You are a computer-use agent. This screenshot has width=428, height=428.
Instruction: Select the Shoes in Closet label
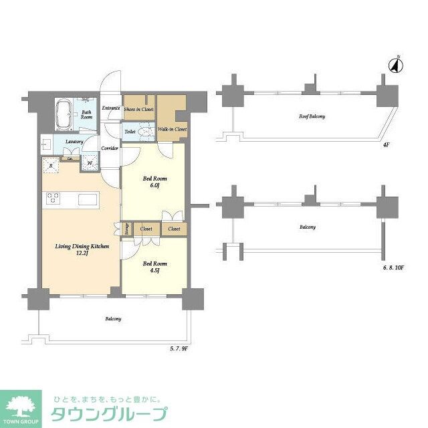(x=139, y=109)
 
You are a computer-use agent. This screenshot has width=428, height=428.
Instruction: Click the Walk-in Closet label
(x=172, y=129)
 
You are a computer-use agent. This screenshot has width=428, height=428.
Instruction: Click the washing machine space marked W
(x=89, y=163)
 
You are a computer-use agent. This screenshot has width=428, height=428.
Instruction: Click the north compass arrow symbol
(x=395, y=65)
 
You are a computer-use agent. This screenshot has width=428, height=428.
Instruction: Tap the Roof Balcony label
(x=312, y=116)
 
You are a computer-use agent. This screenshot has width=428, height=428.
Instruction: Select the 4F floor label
(x=386, y=144)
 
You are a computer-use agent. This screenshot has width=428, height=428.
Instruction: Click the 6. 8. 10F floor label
(x=395, y=267)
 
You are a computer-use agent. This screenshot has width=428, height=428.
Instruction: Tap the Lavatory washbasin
(x=47, y=144)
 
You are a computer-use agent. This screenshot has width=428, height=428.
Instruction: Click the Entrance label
(x=110, y=108)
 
